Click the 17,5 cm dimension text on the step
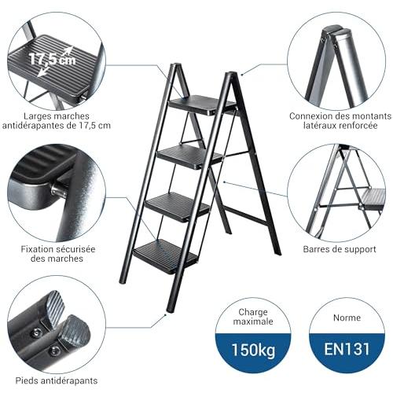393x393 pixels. pos(53,59)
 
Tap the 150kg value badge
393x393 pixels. pos(253,350)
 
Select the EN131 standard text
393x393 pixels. pos(347,349)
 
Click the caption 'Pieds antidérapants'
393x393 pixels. pos(57,380)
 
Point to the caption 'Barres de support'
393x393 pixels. pos(340,249)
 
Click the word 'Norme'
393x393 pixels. pos(347,318)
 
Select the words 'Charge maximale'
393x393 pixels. pos(253,317)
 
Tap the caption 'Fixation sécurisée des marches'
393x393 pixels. pos(58,254)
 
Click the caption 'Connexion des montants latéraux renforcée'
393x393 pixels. pos(340,120)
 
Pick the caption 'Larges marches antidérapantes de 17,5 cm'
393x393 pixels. pos(57,120)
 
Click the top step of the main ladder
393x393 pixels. pos(202,105)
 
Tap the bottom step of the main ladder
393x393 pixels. pos(166,256)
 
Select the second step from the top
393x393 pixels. pos(190,156)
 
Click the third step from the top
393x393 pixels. pos(178,207)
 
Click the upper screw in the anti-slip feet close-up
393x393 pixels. pos(36,333)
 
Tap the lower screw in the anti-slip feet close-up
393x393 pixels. pos(54,350)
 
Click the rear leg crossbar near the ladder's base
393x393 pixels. pos(248,215)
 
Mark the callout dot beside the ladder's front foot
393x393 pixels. pos(166,314)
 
